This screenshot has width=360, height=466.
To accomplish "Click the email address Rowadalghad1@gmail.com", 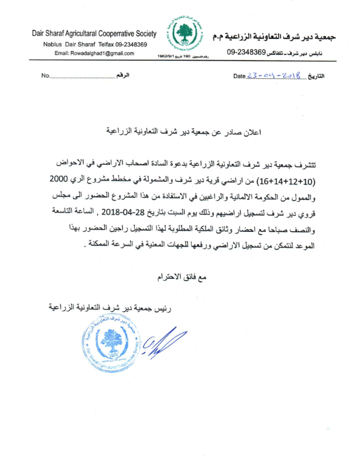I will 94,53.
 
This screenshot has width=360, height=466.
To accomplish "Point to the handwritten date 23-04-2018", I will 275,76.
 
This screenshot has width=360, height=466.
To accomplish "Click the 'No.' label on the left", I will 46,77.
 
